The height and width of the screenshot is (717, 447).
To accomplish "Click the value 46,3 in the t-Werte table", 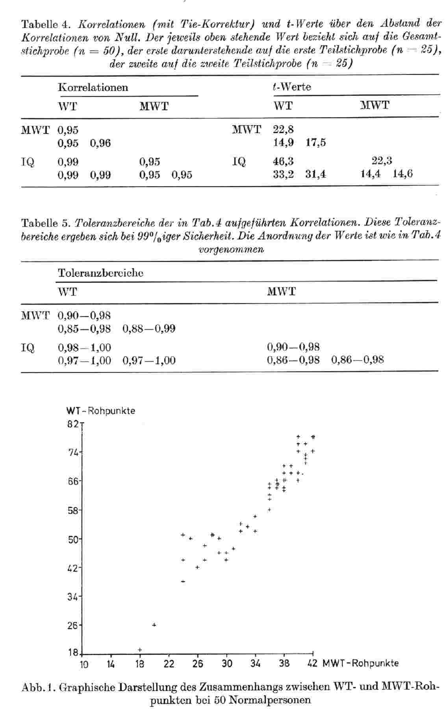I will [x=283, y=161].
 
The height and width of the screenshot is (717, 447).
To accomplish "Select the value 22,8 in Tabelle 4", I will [x=283, y=129].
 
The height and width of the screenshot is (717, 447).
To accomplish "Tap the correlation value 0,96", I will [x=100, y=143].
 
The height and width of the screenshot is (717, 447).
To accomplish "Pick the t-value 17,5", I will [x=315, y=143].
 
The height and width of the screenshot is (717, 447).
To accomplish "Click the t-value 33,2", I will [x=283, y=174].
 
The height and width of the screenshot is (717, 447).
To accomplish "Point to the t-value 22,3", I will [x=382, y=161].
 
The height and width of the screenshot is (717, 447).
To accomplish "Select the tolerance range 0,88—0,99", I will [x=149, y=328].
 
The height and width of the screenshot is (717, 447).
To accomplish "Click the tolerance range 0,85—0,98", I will [x=84, y=328].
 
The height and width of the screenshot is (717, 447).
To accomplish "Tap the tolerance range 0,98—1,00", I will [x=84, y=347].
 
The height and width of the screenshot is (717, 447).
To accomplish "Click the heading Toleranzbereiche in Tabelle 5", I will [x=100, y=273].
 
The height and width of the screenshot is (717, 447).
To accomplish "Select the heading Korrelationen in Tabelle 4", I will [x=93, y=87].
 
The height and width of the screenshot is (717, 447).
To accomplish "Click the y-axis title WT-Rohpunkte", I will [x=101, y=411].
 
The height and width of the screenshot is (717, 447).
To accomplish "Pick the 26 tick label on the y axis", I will [x=72, y=625].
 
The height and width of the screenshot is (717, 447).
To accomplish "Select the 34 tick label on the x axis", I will [x=255, y=664].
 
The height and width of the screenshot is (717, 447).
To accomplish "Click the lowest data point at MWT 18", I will [x=140, y=650].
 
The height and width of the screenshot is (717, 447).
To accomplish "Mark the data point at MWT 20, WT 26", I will [x=154, y=624].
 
